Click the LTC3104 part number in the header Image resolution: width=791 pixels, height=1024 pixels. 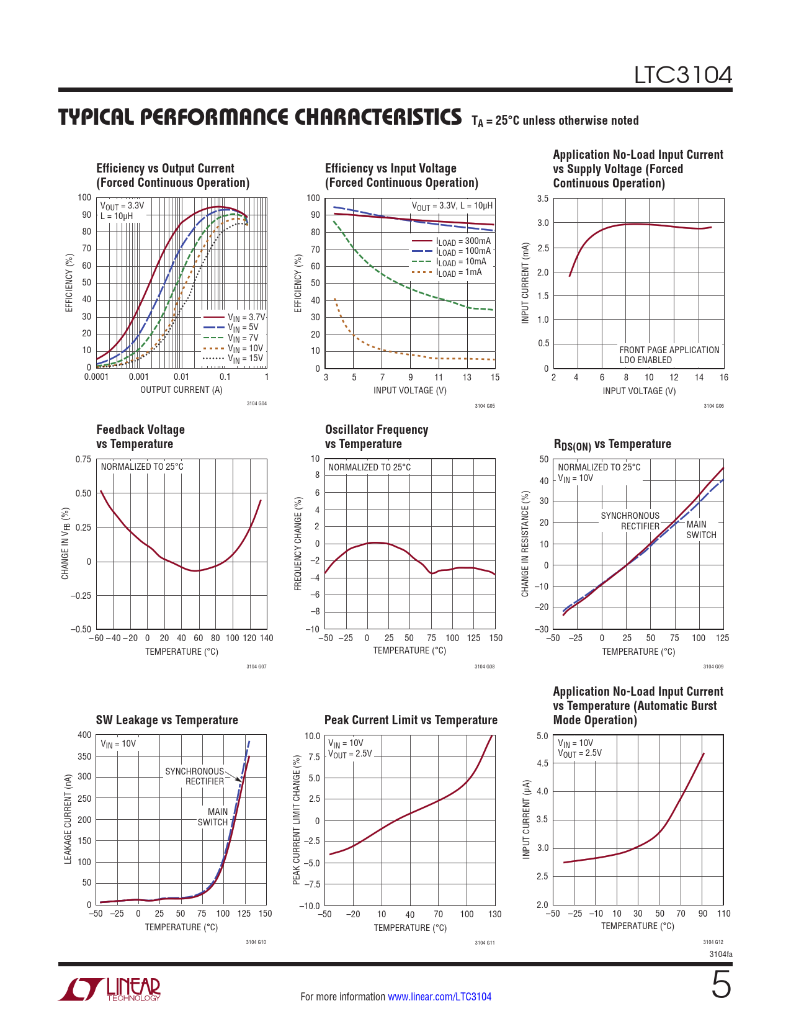682,75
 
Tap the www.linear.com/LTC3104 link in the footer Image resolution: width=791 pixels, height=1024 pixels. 439,997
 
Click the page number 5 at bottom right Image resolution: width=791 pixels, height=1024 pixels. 720,986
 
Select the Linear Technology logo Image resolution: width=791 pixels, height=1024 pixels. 110,989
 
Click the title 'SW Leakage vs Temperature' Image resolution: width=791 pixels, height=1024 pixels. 167,720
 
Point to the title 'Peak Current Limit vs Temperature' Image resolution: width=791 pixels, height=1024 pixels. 411,720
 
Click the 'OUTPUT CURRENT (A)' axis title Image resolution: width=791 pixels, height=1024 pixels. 181,390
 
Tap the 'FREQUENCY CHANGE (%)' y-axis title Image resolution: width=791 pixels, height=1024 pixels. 298,544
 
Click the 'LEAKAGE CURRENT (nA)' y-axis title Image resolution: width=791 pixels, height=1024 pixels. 68,819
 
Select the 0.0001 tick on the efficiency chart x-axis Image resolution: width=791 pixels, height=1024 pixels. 96,377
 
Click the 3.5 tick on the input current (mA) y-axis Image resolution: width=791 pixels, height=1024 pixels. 542,199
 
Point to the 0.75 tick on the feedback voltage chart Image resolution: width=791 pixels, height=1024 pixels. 83,459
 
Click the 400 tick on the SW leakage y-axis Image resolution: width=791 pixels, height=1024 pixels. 84,735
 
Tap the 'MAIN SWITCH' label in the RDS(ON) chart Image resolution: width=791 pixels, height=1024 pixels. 700,529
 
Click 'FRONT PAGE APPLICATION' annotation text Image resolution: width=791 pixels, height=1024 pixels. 669,350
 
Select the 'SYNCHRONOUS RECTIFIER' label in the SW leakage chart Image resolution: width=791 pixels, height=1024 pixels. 194,776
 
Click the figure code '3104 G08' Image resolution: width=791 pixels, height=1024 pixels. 485,667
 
